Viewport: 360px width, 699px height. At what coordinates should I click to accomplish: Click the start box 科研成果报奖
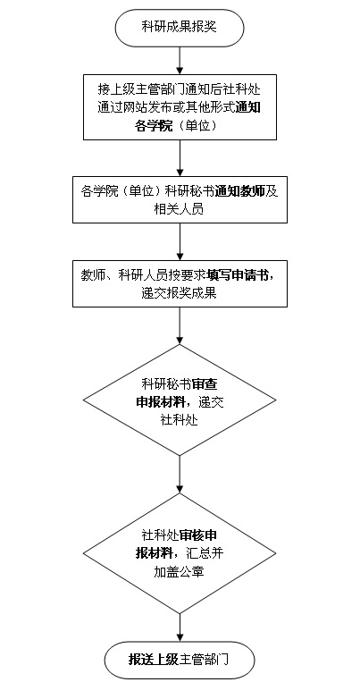(x=180, y=27)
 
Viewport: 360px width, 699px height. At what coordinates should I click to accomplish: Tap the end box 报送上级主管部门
(x=180, y=660)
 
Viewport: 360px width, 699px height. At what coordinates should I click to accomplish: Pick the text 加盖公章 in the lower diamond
(x=180, y=573)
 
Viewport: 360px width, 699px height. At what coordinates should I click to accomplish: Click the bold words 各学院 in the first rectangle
(x=154, y=126)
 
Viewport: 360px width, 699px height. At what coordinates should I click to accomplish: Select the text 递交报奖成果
(x=180, y=292)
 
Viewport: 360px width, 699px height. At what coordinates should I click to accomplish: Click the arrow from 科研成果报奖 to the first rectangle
(x=180, y=59)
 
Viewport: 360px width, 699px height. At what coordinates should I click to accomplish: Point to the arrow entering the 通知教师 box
(x=180, y=158)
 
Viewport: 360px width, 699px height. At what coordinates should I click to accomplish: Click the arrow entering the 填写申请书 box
(x=180, y=241)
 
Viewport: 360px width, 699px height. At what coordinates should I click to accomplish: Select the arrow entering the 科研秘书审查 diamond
(x=180, y=325)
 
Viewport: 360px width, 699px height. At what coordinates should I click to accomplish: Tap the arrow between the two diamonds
(x=180, y=474)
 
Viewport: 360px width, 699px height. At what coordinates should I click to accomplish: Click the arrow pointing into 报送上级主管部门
(x=180, y=627)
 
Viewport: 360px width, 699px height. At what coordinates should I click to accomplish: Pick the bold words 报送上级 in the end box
(x=154, y=660)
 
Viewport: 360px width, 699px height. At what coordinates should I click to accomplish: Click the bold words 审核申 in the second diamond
(x=198, y=535)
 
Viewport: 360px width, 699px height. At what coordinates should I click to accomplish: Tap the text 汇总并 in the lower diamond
(x=205, y=554)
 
